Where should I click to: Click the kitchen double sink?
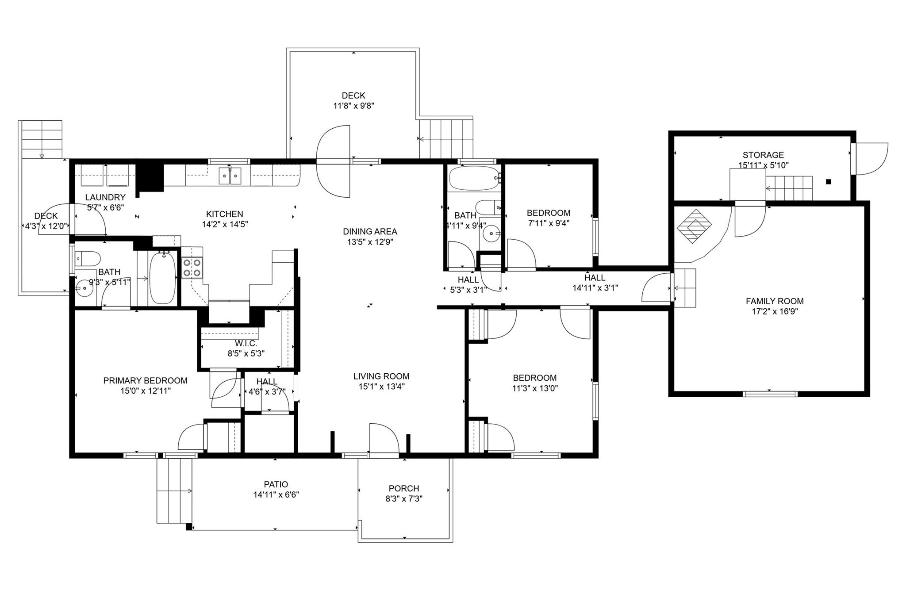(x=230, y=176)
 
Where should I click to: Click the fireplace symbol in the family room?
(x=694, y=226)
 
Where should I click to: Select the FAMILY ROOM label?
(x=775, y=301)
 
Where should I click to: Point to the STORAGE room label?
(x=763, y=155)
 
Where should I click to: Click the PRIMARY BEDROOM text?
(x=145, y=380)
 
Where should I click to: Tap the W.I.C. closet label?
(x=246, y=343)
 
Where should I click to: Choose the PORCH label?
(x=404, y=488)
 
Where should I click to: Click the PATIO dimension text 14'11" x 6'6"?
(x=276, y=495)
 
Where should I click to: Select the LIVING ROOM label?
(x=381, y=376)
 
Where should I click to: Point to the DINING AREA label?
(x=370, y=231)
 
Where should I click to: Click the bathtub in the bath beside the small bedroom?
(x=474, y=178)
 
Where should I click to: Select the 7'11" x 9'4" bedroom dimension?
(x=549, y=223)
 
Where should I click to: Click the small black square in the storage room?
(x=828, y=181)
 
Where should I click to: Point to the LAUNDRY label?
(x=105, y=197)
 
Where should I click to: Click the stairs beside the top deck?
(x=446, y=138)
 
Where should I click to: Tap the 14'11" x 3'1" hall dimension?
(x=595, y=288)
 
